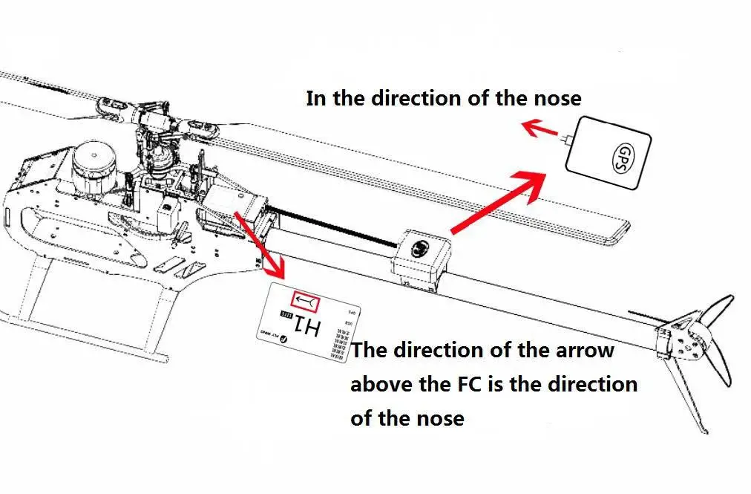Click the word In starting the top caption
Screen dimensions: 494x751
tap(315, 98)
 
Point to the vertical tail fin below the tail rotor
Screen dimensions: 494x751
tap(686, 394)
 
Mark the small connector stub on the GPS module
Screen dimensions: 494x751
tap(568, 138)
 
